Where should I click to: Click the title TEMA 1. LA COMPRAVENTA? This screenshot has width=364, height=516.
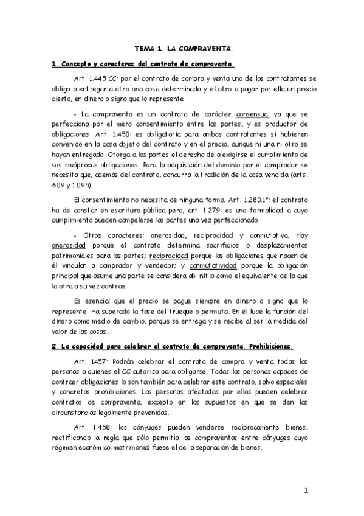(183, 47)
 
